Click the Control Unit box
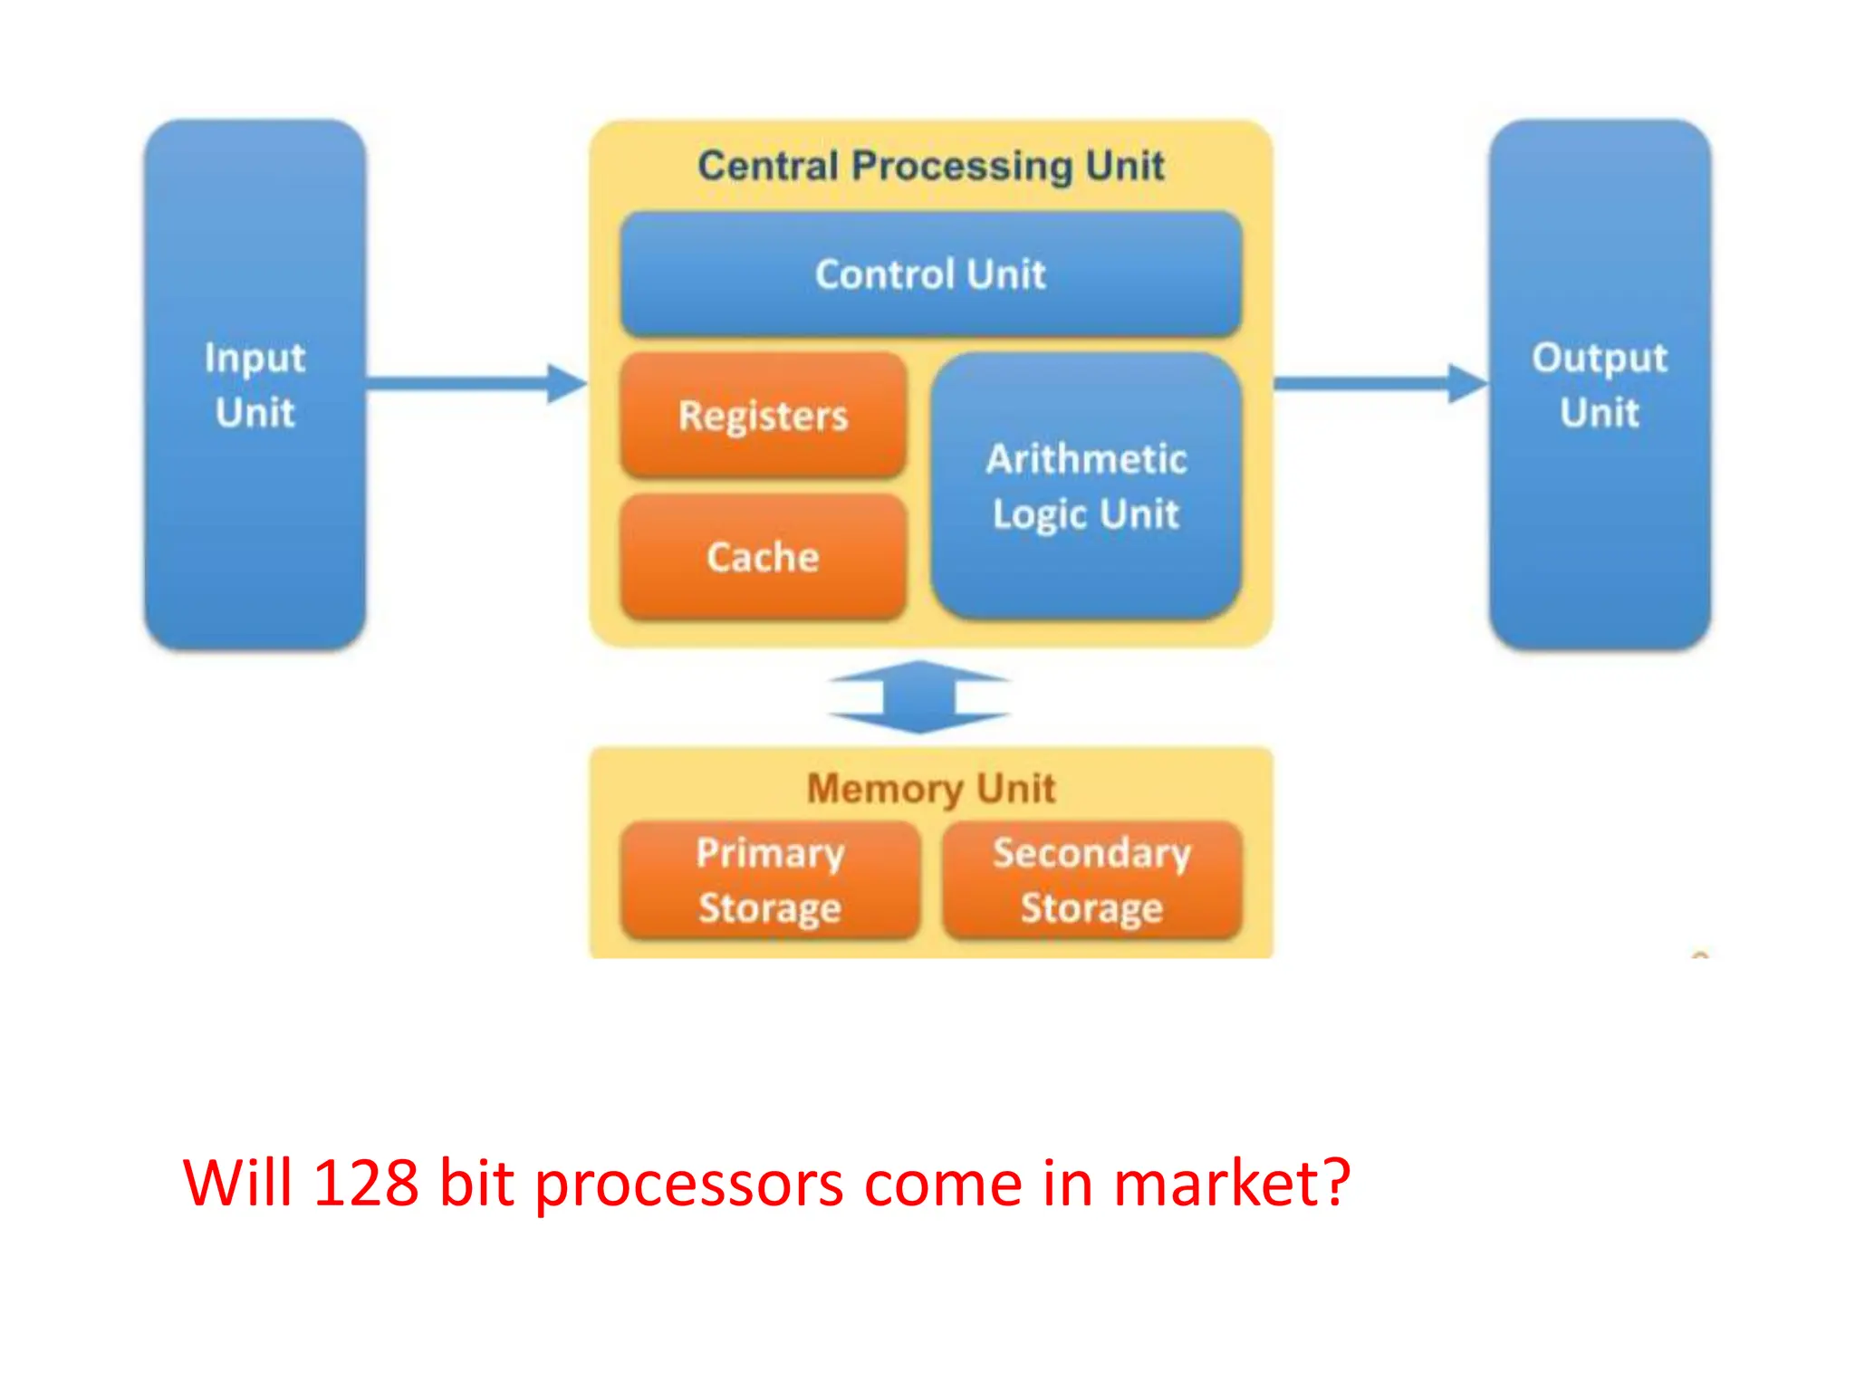930,273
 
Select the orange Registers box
763,416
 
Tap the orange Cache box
763,556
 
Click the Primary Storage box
770,880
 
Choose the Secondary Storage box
1091,880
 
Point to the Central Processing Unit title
930,166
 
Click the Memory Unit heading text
930,788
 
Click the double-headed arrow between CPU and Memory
918,697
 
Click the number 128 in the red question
365,1183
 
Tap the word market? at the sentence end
1232,1183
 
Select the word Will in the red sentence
238,1183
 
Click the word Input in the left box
255,359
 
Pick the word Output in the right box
1599,359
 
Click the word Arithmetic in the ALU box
1086,459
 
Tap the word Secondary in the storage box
1091,853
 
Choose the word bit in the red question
476,1183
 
